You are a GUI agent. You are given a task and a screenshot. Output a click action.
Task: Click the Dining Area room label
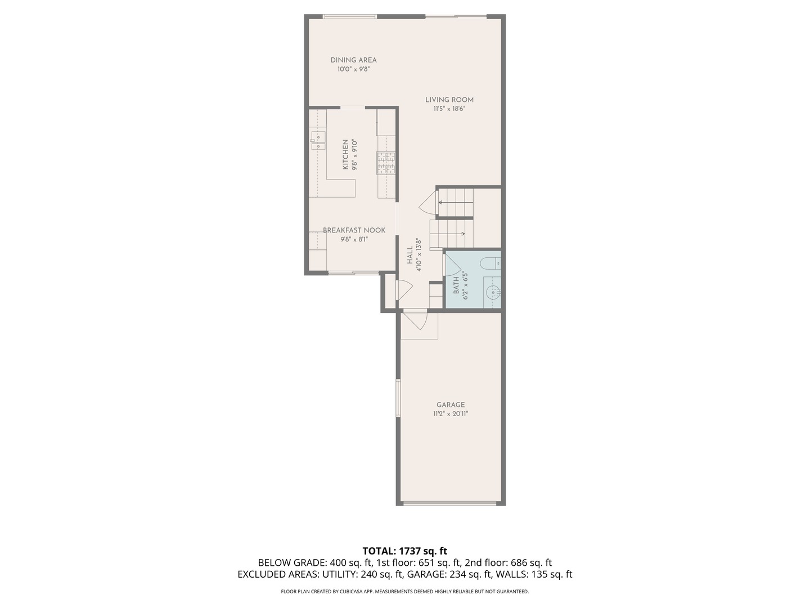(353, 60)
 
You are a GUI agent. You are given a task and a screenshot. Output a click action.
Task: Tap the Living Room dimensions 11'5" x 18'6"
(449, 109)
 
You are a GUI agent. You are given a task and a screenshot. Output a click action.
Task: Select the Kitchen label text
(345, 155)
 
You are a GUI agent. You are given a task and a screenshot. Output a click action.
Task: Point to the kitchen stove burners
(386, 163)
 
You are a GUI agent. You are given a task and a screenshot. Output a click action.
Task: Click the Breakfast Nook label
(354, 230)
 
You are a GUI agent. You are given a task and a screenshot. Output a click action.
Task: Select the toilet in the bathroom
(490, 263)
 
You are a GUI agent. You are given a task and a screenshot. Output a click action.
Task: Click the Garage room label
(451, 405)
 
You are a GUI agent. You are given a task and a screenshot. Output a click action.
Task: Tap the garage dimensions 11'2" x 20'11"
(451, 414)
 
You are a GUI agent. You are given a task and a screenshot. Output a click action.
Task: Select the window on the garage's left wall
(398, 398)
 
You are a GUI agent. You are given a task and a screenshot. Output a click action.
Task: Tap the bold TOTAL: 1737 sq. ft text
(404, 551)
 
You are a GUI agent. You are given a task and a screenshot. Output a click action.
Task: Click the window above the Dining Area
(350, 16)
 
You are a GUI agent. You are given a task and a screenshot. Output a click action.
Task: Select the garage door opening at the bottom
(450, 503)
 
